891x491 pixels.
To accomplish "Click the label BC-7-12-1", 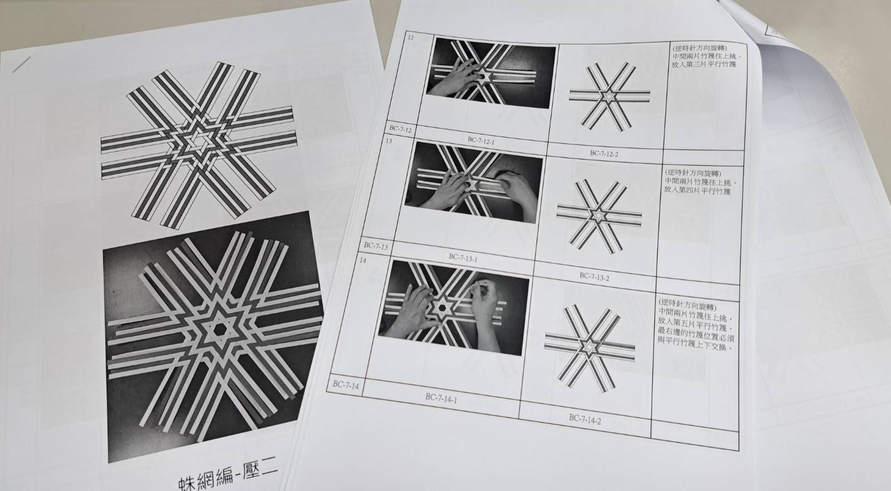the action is [x=481, y=140].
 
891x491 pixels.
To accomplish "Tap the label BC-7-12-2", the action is [x=604, y=153].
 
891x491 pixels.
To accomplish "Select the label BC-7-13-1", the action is [x=463, y=258].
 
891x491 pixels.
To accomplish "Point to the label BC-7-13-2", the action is [x=594, y=276].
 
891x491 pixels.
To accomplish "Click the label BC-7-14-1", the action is [x=441, y=397].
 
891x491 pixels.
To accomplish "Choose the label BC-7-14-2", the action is [x=585, y=418].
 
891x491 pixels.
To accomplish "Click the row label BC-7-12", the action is [x=400, y=129].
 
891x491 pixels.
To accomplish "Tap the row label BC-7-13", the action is [x=376, y=245].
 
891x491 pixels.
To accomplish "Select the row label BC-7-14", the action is [x=345, y=385].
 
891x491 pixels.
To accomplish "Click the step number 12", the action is [x=411, y=38].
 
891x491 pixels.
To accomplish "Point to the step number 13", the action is [x=388, y=141].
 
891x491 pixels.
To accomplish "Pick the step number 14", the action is [x=363, y=261].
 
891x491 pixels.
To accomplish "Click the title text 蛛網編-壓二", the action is [x=228, y=476].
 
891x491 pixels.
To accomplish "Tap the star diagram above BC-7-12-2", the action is [x=609, y=97].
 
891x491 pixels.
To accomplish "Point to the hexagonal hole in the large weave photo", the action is [x=218, y=329].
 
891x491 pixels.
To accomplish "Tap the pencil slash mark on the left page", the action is [x=21, y=65].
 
